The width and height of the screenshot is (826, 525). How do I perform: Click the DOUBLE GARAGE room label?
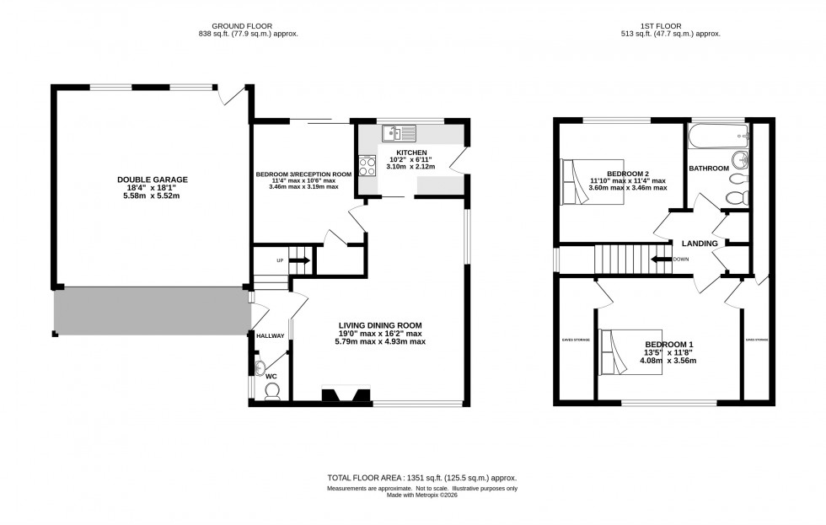point(152,179)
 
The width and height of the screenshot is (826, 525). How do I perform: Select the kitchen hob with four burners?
point(367,167)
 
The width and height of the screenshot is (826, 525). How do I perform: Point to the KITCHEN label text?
point(409,152)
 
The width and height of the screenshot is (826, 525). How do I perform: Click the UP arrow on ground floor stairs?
point(298,260)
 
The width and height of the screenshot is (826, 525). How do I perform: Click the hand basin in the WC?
point(259,367)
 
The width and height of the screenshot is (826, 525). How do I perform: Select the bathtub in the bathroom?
point(717,134)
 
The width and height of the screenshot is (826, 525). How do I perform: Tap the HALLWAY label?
point(271,335)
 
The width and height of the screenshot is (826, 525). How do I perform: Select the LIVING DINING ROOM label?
point(379,325)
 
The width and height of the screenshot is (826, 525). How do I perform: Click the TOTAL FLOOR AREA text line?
point(421,478)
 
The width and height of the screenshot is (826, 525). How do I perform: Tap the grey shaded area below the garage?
point(152,310)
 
